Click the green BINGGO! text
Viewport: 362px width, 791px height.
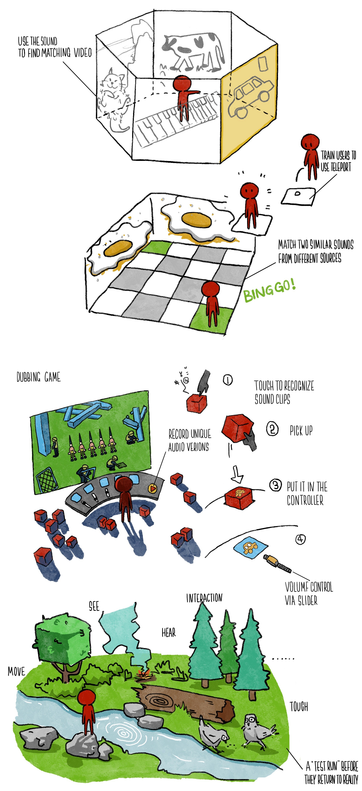pyautogui.click(x=270, y=290)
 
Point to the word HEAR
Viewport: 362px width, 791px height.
pyautogui.click(x=169, y=632)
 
